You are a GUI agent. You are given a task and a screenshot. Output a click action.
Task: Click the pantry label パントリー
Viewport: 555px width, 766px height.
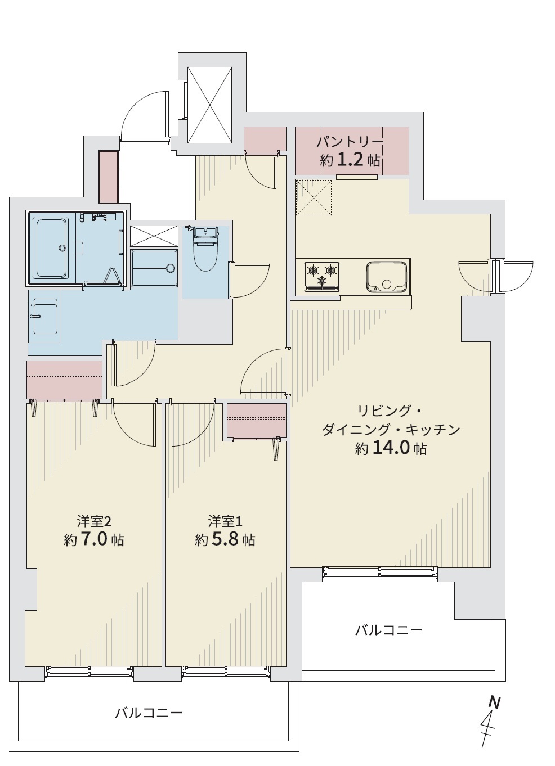(350, 142)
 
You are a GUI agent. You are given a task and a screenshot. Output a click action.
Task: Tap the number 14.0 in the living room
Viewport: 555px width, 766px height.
(391, 448)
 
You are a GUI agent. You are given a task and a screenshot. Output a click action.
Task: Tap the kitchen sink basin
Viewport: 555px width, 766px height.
(387, 277)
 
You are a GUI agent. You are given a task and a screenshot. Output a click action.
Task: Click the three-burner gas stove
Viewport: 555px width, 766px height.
(322, 277)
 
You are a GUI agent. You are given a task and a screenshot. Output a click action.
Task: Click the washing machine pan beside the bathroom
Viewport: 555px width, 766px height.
(155, 267)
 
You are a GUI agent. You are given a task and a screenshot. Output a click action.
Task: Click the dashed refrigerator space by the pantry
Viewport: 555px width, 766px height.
(314, 197)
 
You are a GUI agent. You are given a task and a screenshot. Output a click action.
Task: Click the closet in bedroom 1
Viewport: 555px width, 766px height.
(257, 420)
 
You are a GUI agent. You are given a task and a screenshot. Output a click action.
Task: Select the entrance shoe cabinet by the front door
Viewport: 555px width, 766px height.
(108, 177)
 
